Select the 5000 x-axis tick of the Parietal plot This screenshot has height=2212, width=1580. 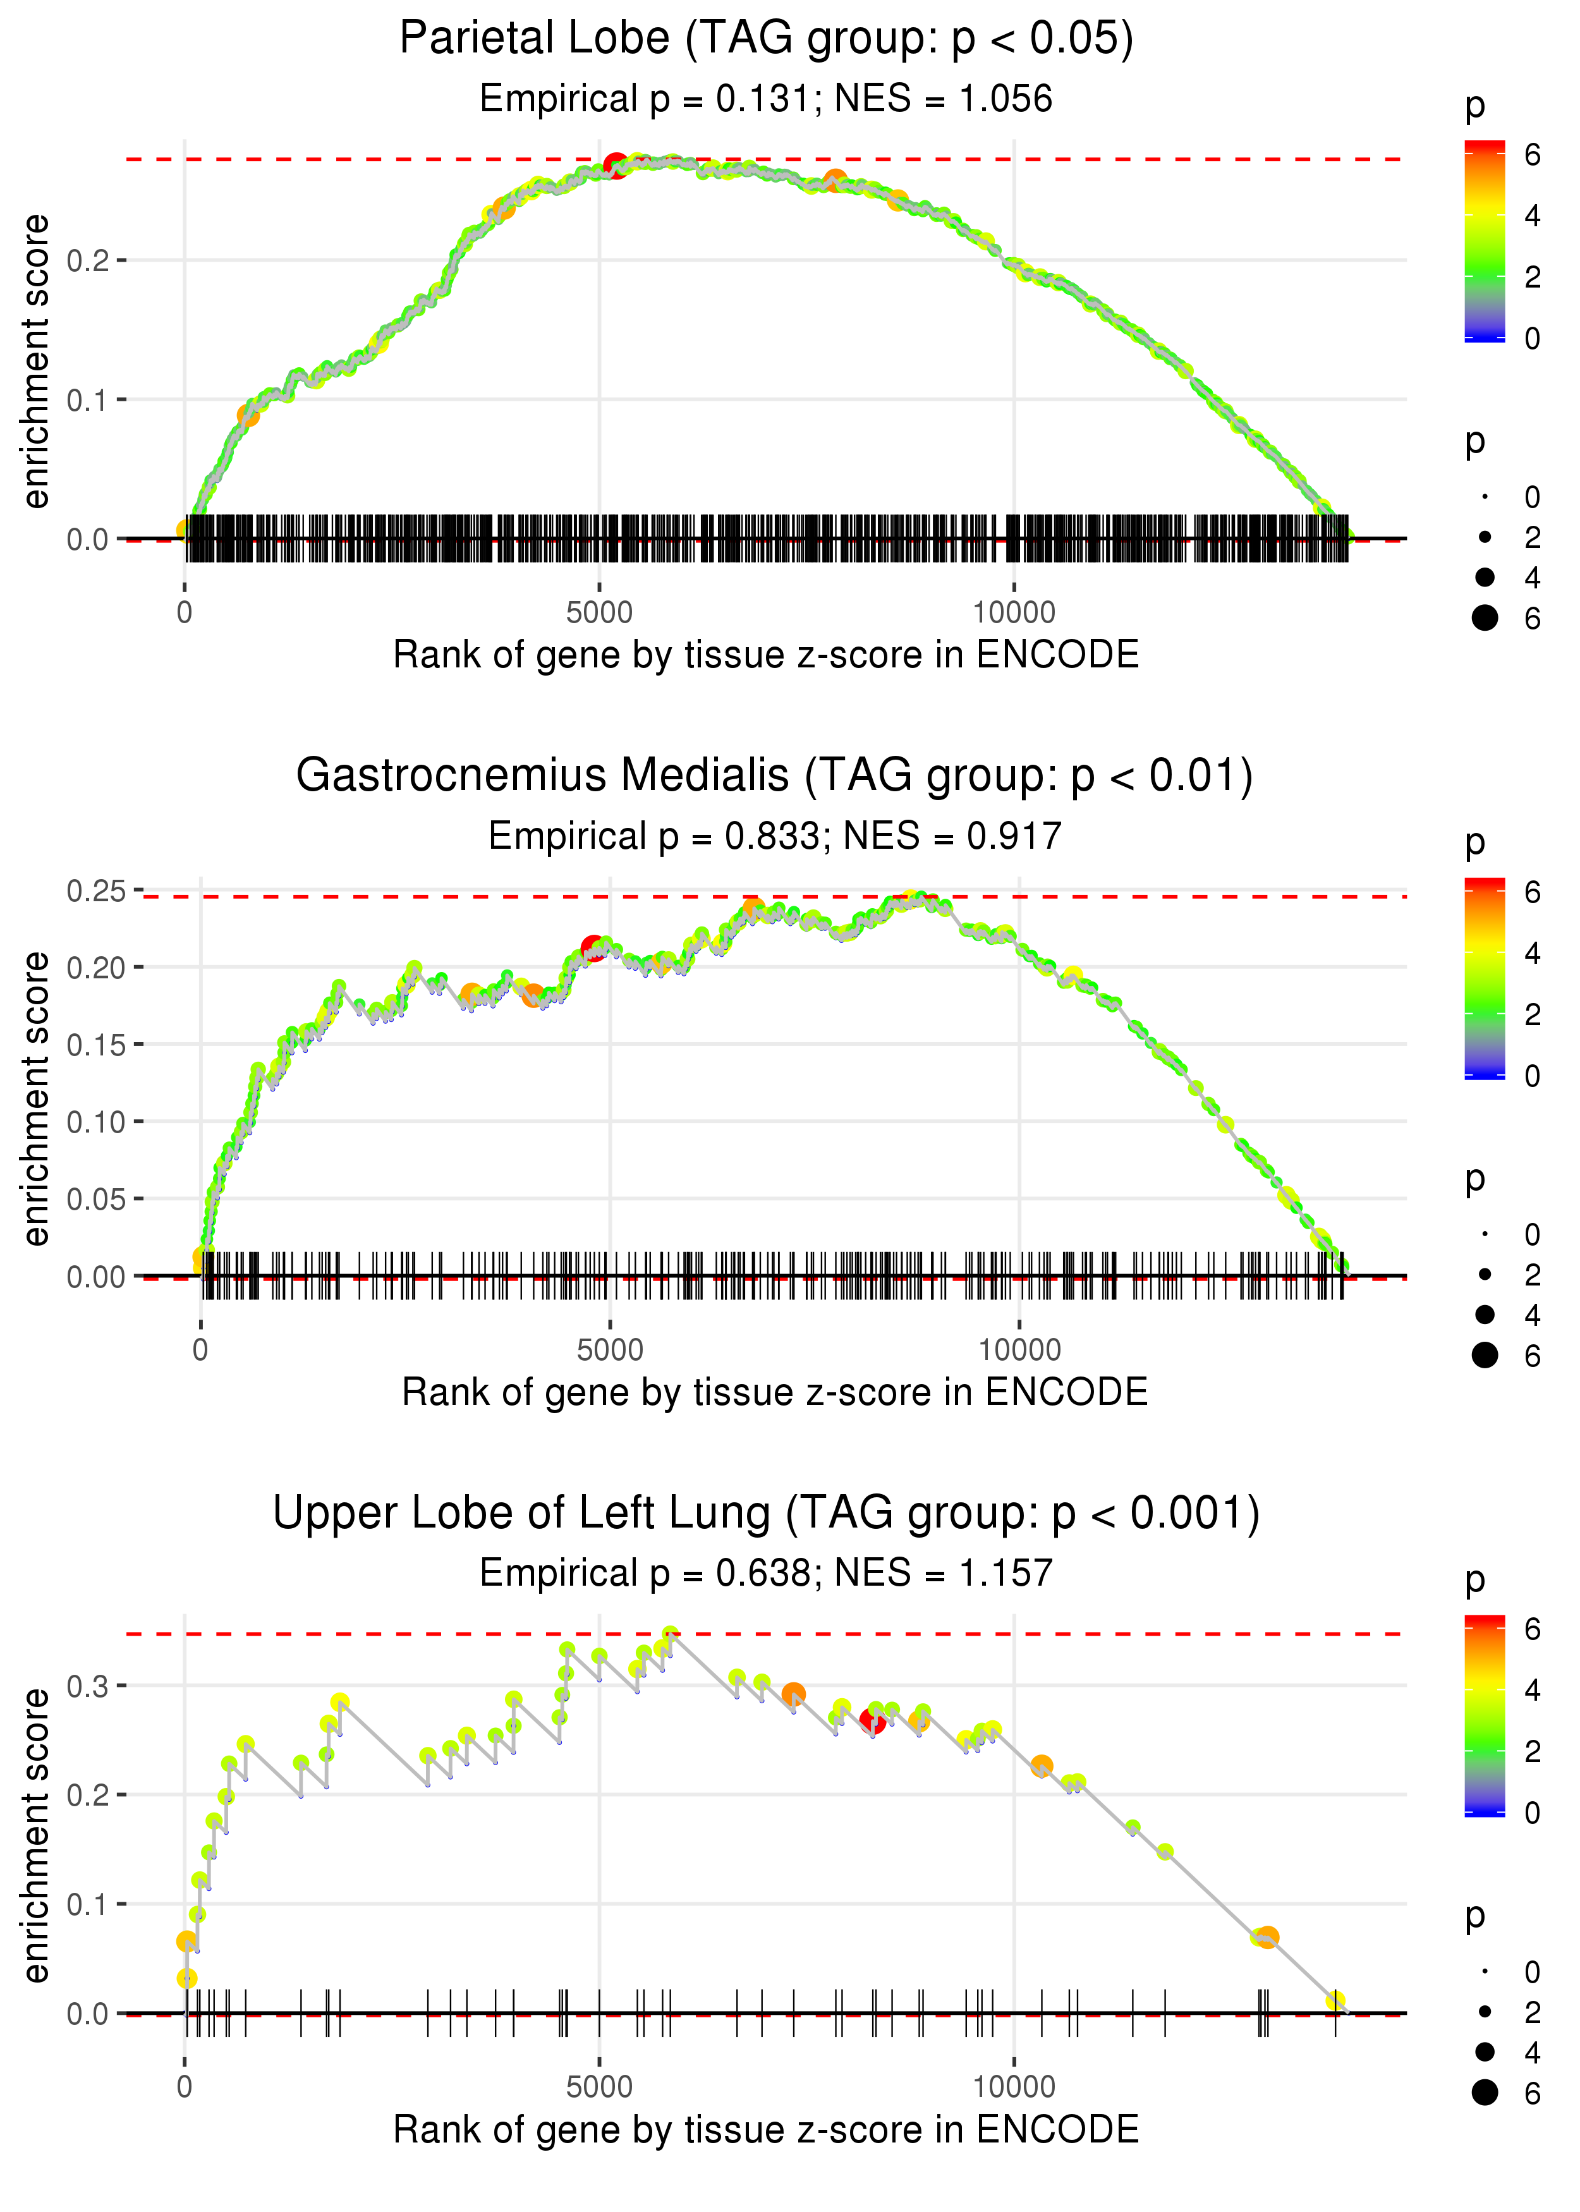(599, 613)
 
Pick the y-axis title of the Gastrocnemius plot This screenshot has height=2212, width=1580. (36, 1099)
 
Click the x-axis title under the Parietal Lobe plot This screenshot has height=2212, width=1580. (767, 655)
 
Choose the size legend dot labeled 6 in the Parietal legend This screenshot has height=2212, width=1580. (1485, 617)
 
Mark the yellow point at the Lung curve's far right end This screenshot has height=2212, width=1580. (1336, 2001)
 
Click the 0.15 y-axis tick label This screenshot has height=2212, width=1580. (95, 1045)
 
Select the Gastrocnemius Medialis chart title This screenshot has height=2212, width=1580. (774, 776)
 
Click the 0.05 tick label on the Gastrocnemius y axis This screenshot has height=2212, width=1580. (95, 1200)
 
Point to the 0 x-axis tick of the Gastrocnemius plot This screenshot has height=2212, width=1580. (200, 1350)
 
